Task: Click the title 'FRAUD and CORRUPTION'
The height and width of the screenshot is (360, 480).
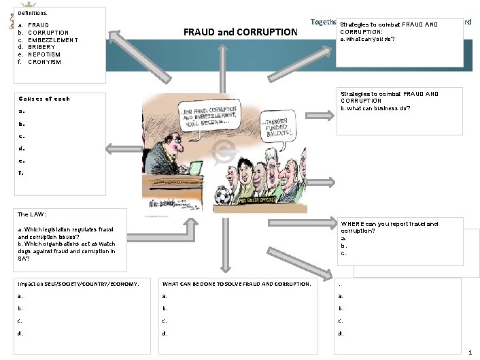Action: point(241,32)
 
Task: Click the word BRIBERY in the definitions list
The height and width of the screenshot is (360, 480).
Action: point(42,47)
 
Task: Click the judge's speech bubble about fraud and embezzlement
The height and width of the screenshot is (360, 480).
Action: point(207,116)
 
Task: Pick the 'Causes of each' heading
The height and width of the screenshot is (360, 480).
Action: point(45,99)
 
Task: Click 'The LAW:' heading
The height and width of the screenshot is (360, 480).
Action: point(32,214)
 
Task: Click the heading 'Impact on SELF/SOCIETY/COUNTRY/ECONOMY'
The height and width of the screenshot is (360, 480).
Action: point(78,283)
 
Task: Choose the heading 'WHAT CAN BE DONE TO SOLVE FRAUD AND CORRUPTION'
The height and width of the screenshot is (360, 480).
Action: point(237,283)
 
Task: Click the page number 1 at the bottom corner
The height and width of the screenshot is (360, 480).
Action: point(470,352)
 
